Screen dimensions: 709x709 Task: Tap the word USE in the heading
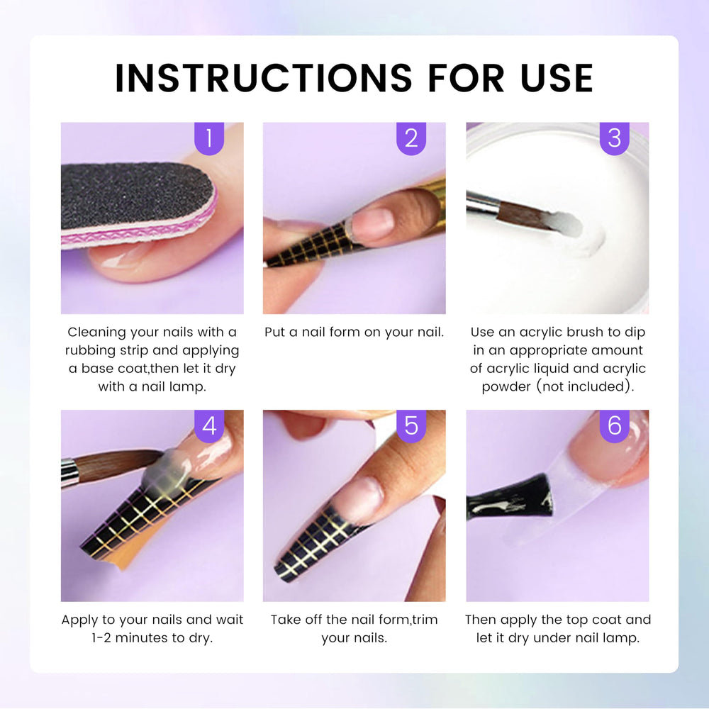pyautogui.click(x=557, y=78)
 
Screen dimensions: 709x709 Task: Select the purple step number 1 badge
pyautogui.click(x=209, y=138)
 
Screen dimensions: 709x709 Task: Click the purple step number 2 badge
pyautogui.click(x=411, y=138)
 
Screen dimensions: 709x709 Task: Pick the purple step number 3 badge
pyautogui.click(x=615, y=138)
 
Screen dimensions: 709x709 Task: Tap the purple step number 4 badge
pyautogui.click(x=209, y=426)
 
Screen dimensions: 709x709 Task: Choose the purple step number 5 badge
pyautogui.click(x=411, y=426)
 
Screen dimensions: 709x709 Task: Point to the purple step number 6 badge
pyautogui.click(x=615, y=426)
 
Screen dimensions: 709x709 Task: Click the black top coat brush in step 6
pyautogui.click(x=511, y=498)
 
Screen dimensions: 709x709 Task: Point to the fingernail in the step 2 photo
pyautogui.click(x=373, y=224)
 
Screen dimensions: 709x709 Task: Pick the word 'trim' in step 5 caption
pyautogui.click(x=424, y=619)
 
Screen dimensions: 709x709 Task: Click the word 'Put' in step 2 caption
pyautogui.click(x=275, y=333)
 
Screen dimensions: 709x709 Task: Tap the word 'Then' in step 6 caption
pyautogui.click(x=481, y=619)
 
